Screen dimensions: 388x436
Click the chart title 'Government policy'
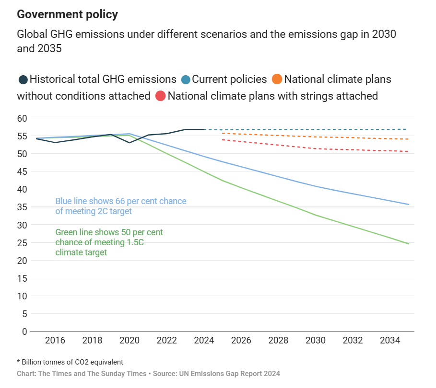67,14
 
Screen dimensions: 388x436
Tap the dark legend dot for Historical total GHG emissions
23,80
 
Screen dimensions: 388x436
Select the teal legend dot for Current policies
186,80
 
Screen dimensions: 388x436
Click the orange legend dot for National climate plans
277,80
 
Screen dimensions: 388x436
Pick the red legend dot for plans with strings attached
161,96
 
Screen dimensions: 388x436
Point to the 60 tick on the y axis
22,118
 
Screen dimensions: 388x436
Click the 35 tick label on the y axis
22,207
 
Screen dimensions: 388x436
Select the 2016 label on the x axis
55,341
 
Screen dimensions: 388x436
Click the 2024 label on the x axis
204,341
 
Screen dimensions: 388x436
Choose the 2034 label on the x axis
389,341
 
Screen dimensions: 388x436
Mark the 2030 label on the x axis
315,341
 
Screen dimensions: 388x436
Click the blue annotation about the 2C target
120,206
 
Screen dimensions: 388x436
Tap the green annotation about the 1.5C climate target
109,242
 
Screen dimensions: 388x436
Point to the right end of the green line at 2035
408,244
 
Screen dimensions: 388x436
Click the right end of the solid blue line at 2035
408,205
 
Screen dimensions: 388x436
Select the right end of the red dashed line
408,151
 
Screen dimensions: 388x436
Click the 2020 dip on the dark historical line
130,142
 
